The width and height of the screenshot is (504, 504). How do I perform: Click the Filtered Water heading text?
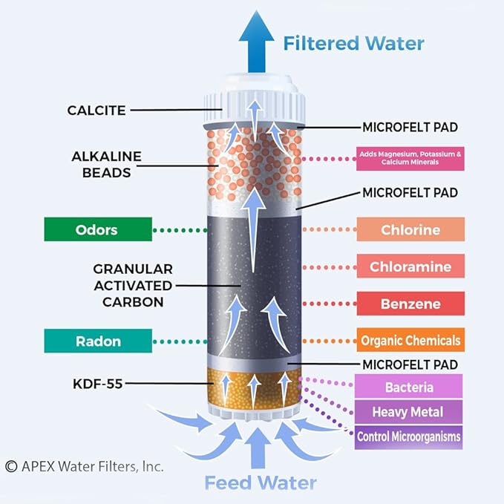(x=353, y=42)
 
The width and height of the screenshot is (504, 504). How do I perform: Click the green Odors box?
(x=97, y=230)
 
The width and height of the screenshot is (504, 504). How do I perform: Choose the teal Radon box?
(x=97, y=341)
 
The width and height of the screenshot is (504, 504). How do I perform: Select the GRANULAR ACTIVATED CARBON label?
(x=133, y=285)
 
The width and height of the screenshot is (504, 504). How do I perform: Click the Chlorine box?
(x=410, y=230)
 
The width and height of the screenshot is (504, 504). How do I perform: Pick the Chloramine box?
(x=410, y=266)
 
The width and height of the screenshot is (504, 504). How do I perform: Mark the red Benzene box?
(x=410, y=304)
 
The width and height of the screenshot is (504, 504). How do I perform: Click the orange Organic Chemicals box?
(x=410, y=341)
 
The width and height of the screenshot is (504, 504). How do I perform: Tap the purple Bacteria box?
(x=409, y=387)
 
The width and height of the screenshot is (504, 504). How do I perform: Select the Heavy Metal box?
(x=409, y=412)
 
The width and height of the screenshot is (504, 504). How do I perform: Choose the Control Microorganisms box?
(x=409, y=436)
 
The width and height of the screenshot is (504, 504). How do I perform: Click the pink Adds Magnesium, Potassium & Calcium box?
(x=410, y=158)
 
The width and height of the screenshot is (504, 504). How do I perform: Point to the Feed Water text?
(x=261, y=483)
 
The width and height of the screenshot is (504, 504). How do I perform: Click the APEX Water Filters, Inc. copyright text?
(x=84, y=466)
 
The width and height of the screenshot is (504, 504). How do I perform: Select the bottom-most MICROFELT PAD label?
(x=410, y=364)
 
